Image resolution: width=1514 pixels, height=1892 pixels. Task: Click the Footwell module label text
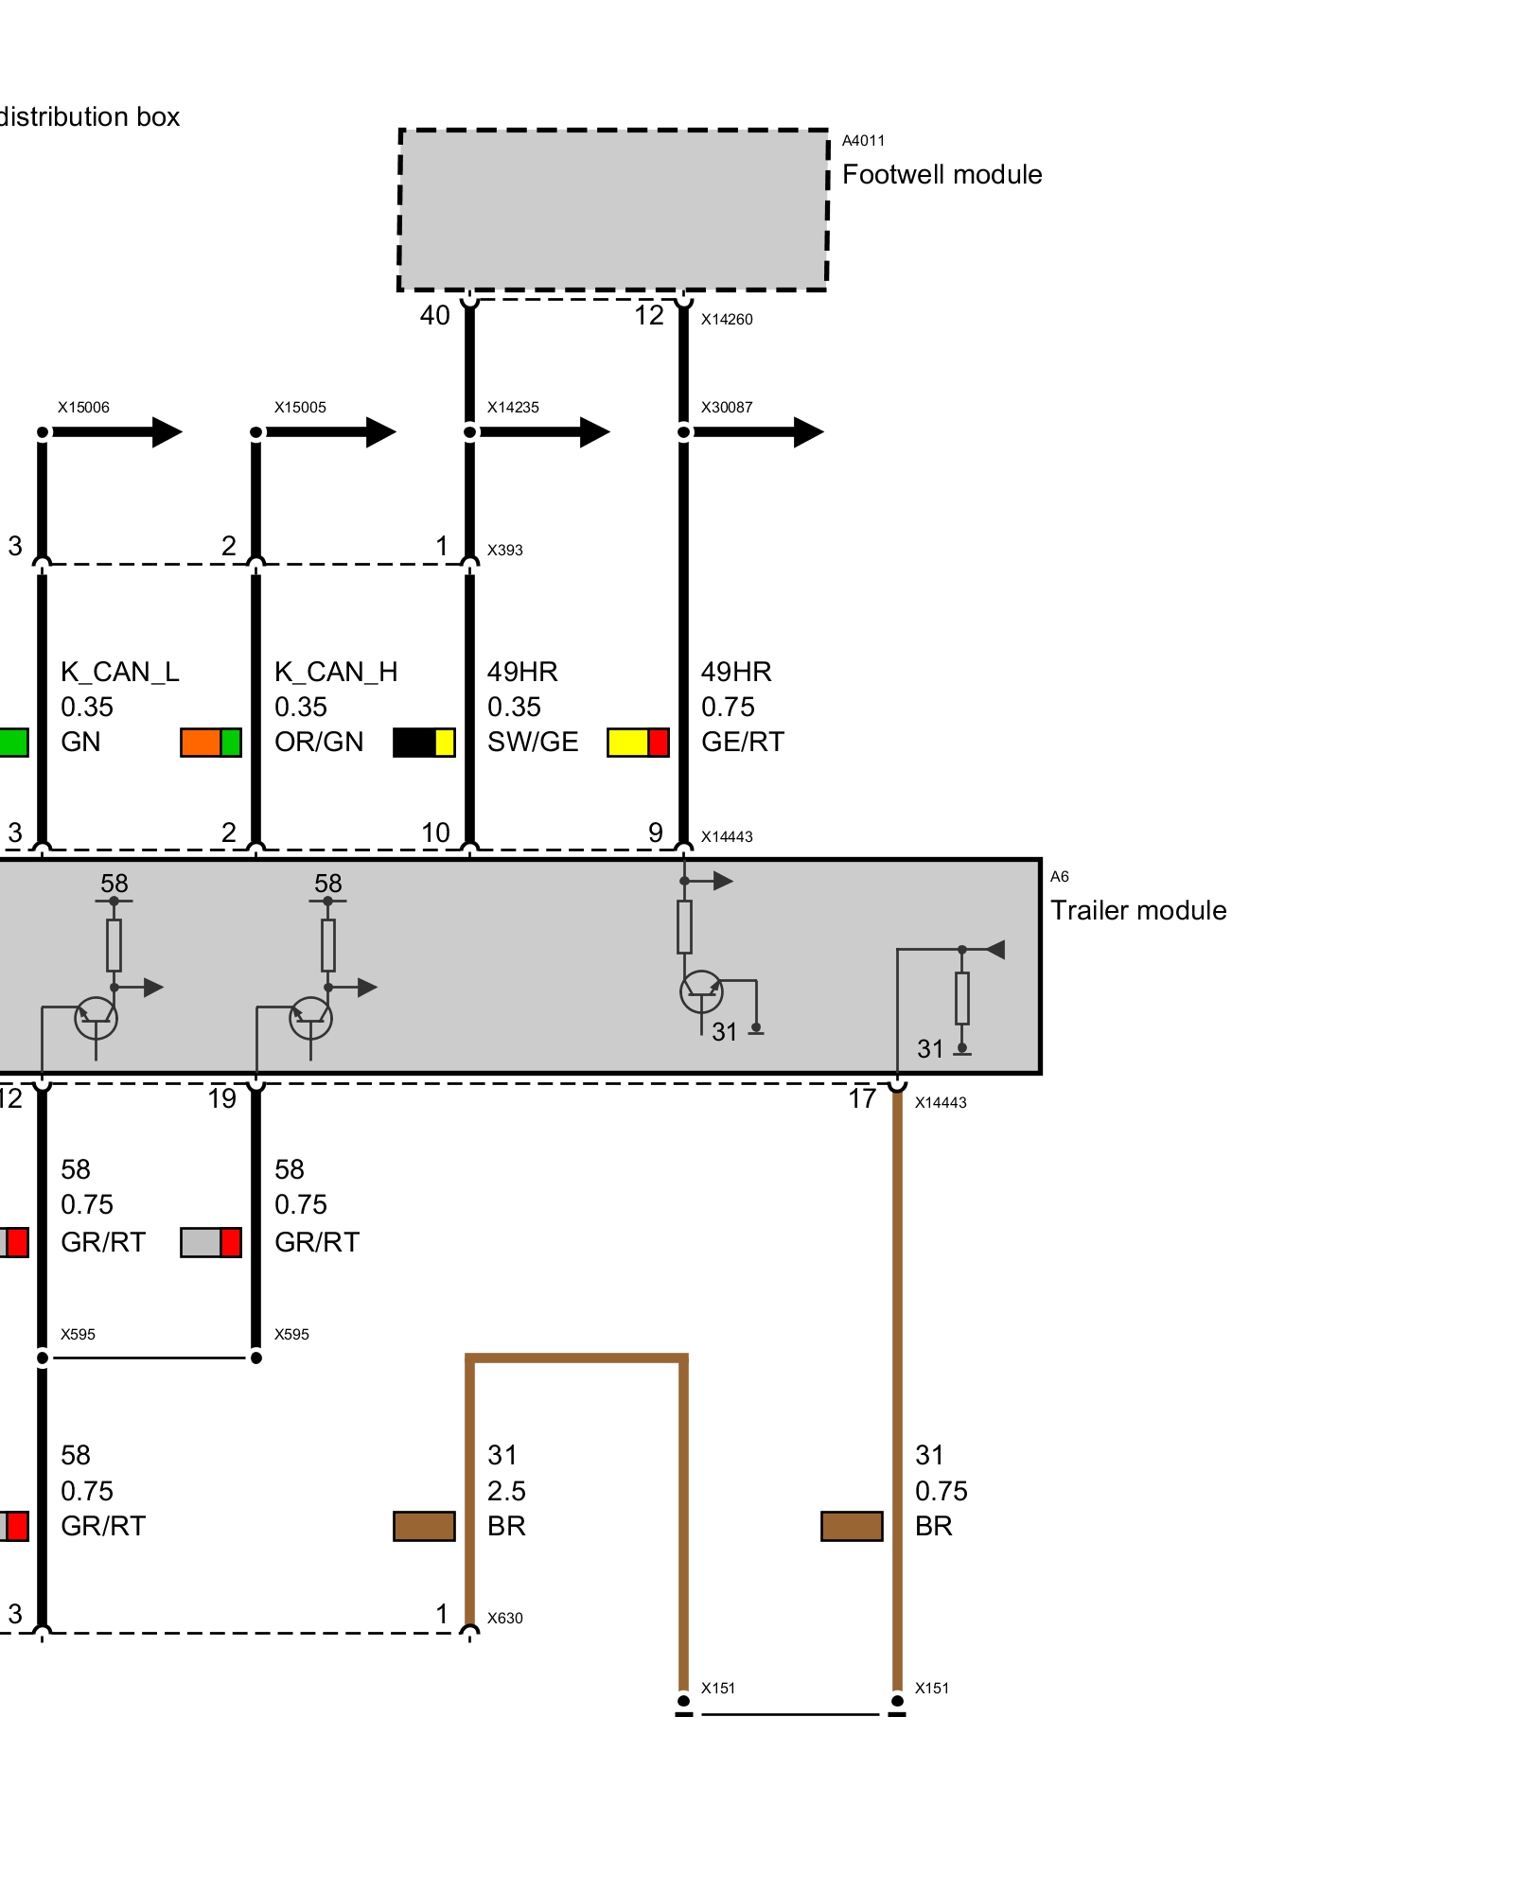click(x=942, y=175)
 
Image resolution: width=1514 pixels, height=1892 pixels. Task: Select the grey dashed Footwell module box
click(x=613, y=209)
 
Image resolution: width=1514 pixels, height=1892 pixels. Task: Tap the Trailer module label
click(x=1137, y=910)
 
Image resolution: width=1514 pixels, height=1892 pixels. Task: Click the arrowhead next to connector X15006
click(x=166, y=432)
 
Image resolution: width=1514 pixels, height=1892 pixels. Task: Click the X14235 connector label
click(x=513, y=408)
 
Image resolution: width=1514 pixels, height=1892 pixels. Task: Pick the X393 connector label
click(x=504, y=550)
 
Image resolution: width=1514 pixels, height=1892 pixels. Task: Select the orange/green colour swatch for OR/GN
click(x=211, y=743)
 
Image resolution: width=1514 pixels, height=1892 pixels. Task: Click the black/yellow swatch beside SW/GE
click(x=424, y=743)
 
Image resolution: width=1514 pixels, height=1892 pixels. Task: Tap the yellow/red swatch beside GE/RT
click(x=638, y=743)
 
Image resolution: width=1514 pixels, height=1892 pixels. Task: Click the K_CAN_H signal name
click(x=336, y=672)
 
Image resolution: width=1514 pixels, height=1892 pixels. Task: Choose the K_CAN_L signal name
click(x=119, y=672)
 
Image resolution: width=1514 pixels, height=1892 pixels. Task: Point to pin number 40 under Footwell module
click(x=434, y=315)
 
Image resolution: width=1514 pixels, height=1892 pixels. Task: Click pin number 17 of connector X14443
click(x=861, y=1098)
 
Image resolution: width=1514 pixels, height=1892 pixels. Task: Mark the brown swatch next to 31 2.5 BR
click(x=424, y=1526)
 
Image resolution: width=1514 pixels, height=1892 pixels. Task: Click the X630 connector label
click(x=504, y=1618)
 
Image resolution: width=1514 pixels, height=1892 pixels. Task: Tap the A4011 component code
click(x=863, y=141)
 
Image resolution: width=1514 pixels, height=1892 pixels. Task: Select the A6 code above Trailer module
click(x=1059, y=877)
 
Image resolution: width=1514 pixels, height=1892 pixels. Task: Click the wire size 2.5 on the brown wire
click(x=506, y=1491)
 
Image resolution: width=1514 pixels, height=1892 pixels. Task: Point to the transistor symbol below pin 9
click(x=701, y=991)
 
